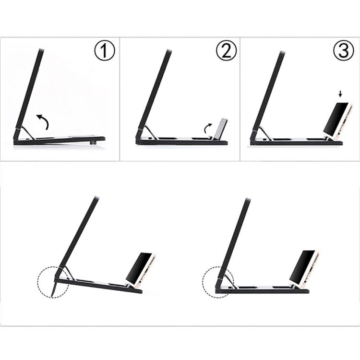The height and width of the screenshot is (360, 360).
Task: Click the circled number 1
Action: click(104, 51)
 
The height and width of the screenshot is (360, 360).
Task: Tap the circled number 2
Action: click(226, 51)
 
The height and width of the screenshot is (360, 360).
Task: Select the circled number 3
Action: click(344, 51)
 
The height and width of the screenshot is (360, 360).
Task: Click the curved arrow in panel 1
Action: click(44, 120)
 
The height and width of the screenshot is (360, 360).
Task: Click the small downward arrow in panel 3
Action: click(341, 93)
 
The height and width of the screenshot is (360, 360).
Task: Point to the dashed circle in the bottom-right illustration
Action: click(203, 282)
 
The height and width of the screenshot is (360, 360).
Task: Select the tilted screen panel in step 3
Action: click(269, 91)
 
